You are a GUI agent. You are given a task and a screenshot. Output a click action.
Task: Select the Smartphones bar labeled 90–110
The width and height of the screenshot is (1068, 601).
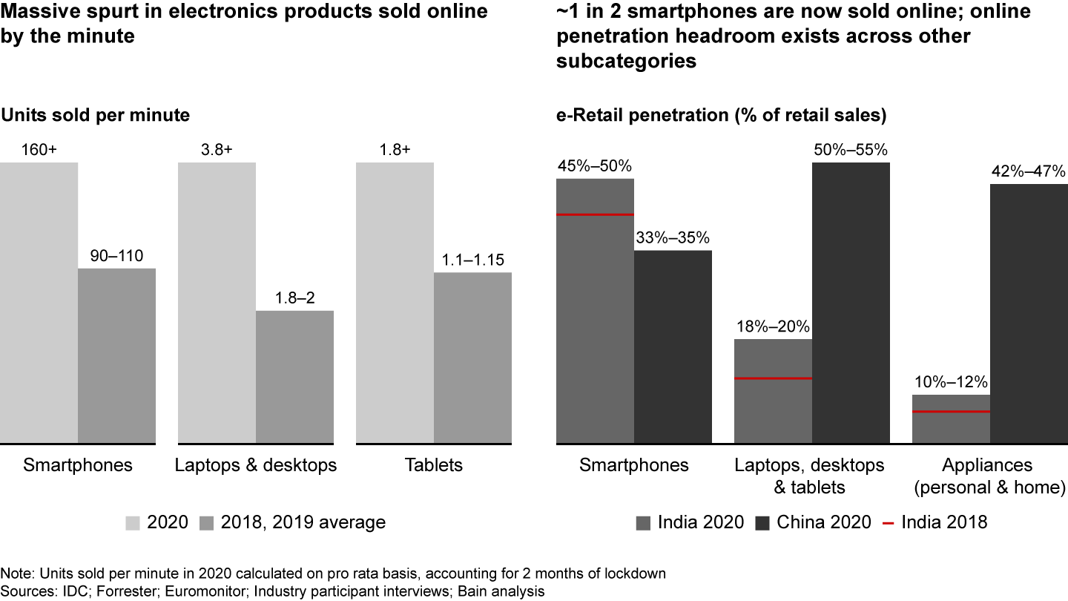[x=116, y=356]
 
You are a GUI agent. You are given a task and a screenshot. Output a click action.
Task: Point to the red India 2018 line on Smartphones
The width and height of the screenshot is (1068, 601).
[x=595, y=215]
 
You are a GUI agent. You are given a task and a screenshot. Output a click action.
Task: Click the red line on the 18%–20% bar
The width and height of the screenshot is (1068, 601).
[x=773, y=378]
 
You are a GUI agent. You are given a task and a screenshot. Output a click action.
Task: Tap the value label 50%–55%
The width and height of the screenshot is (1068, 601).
[x=851, y=150]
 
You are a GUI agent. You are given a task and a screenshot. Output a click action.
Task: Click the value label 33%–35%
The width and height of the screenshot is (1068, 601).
[x=673, y=238]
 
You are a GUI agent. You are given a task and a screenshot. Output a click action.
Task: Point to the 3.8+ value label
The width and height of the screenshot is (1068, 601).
[x=217, y=150]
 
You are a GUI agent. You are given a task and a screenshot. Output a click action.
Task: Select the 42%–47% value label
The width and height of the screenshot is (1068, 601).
[x=1029, y=171]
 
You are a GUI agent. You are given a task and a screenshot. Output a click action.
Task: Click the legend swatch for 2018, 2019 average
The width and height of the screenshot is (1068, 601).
[x=208, y=522]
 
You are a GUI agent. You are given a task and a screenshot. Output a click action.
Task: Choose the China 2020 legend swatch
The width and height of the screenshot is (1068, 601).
[x=762, y=522]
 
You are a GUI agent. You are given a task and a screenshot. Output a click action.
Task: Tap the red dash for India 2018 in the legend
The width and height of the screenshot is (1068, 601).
[x=887, y=522]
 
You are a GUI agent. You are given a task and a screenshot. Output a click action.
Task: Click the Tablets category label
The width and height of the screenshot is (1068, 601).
[x=434, y=465]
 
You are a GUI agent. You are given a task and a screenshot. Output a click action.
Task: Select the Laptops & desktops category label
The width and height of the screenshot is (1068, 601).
[x=256, y=465]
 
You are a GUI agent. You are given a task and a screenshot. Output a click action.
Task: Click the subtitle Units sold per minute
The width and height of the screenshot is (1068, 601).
[x=95, y=116]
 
